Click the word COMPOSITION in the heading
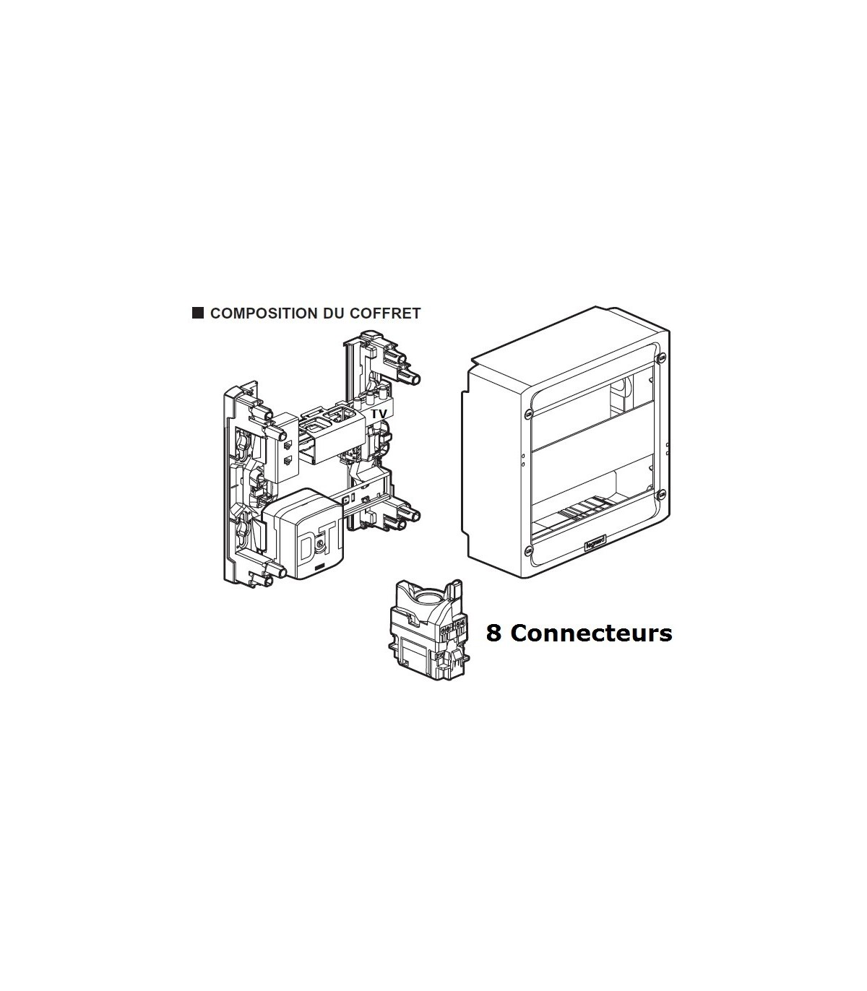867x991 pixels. pyautogui.click(x=264, y=313)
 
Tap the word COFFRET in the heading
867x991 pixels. pyautogui.click(x=385, y=313)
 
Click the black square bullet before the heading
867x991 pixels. pyautogui.click(x=198, y=313)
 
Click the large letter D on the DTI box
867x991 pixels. pyautogui.click(x=307, y=548)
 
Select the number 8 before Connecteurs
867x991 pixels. pyautogui.click(x=493, y=633)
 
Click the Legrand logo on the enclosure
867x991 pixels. pyautogui.click(x=595, y=543)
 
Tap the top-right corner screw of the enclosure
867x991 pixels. pyautogui.click(x=661, y=358)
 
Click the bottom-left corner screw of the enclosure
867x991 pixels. pyautogui.click(x=528, y=549)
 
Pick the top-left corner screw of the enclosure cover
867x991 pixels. pyautogui.click(x=528, y=413)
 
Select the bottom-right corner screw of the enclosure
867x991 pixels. pyautogui.click(x=661, y=495)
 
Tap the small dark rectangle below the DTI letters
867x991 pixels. pyautogui.click(x=320, y=567)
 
